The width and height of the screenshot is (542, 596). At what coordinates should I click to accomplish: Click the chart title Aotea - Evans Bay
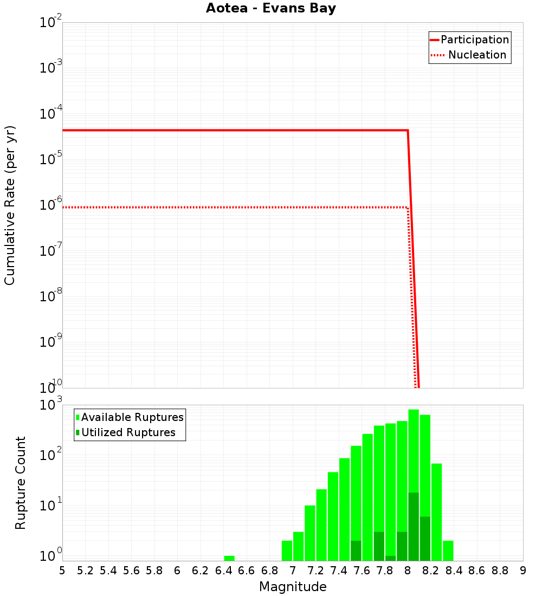271,9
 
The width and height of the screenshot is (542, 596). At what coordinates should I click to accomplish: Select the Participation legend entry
475,40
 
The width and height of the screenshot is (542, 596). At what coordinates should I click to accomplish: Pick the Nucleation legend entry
477,55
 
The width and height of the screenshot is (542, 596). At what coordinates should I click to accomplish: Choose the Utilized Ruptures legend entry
128,433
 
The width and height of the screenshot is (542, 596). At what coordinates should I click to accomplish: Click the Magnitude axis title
293,587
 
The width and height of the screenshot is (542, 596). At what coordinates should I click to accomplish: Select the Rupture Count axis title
21,483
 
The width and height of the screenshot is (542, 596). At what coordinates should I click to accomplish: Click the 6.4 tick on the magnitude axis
223,571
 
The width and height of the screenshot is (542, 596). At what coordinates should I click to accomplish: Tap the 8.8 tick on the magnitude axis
500,571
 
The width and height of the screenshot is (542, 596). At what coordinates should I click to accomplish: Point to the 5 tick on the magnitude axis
62,571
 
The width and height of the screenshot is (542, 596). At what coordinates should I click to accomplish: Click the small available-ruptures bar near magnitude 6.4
229,558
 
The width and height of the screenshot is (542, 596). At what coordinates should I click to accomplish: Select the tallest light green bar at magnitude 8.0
414,450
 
